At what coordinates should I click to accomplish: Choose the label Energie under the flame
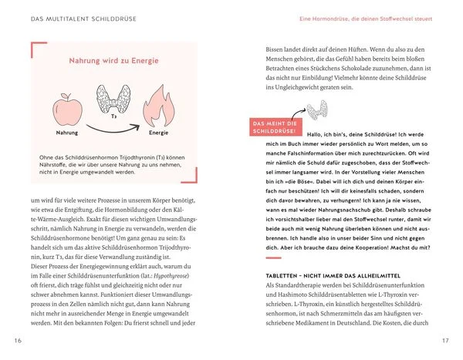159,133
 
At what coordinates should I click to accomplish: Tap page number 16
18,341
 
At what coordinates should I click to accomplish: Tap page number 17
444,341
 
